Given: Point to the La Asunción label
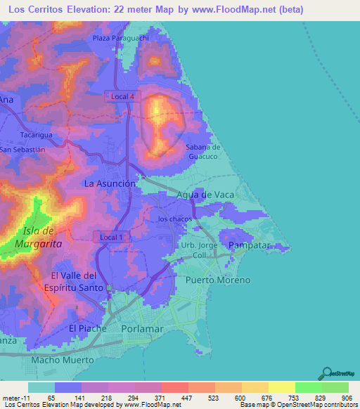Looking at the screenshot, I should click(x=110, y=183).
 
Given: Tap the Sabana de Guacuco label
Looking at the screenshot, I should click(x=203, y=152).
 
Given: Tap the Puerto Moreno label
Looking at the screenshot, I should click(x=217, y=280).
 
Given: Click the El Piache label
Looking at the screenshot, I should click(x=87, y=328).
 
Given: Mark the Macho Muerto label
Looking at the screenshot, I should click(x=63, y=360).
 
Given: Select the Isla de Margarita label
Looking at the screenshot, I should click(x=42, y=237).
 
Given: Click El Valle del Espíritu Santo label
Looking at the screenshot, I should click(x=77, y=281).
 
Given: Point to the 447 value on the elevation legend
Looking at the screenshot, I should click(x=186, y=398).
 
